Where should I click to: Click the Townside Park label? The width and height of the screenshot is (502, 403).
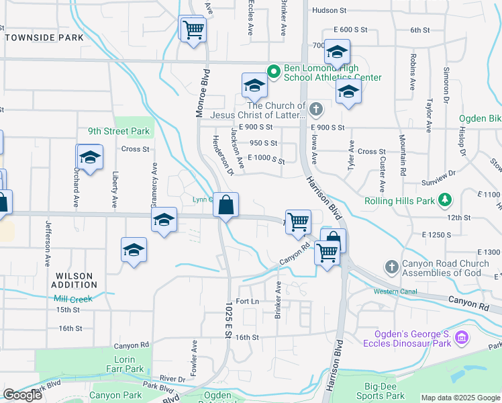[44, 38]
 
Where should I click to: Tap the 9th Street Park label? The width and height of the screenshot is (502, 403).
[118, 131]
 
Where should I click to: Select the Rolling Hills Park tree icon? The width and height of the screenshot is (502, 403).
[444, 200]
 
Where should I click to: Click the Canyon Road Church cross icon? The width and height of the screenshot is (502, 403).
[392, 267]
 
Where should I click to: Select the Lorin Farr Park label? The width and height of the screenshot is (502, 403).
[125, 364]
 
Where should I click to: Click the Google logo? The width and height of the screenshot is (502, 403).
[22, 395]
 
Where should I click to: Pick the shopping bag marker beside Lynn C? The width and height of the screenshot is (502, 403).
[226, 204]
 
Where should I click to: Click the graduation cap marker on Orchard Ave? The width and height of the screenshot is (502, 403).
[90, 158]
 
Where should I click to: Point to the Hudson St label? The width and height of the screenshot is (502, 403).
[329, 11]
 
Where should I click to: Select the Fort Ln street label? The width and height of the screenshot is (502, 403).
[247, 302]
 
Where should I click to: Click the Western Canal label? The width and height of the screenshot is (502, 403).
[395, 292]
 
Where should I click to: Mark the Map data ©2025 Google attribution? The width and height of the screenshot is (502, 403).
[460, 398]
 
